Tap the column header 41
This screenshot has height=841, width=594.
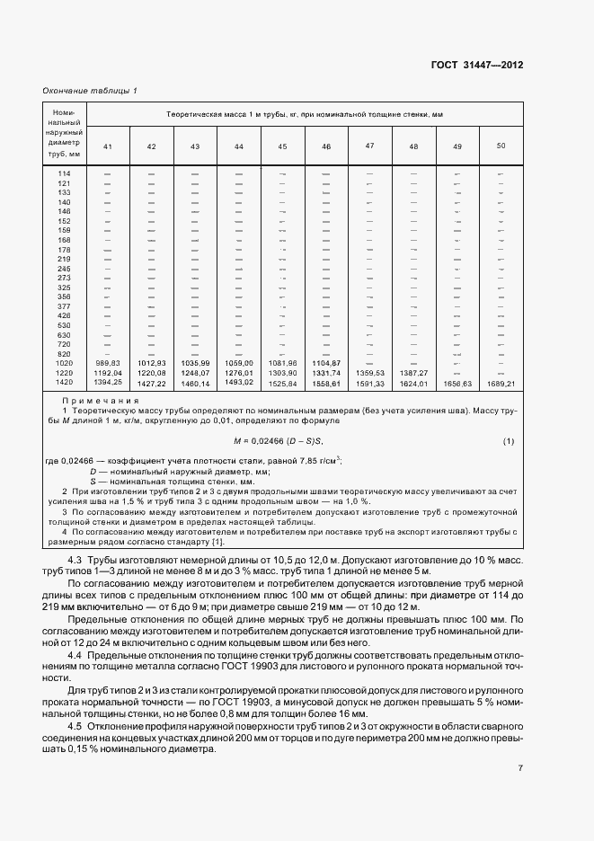click(x=107, y=146)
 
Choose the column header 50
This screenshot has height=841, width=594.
click(x=501, y=146)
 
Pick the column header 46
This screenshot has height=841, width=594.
click(x=326, y=146)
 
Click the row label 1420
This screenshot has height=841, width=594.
click(x=64, y=383)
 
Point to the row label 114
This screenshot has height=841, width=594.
click(x=64, y=173)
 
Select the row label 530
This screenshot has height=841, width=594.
click(x=64, y=324)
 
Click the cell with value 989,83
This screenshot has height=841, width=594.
click(x=107, y=363)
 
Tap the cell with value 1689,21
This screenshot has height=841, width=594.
click(x=501, y=383)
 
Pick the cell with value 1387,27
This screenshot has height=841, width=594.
click(x=413, y=372)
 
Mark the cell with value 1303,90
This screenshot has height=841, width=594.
click(x=282, y=372)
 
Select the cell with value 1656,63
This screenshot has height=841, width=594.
click(x=457, y=383)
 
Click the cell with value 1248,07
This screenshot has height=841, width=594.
click(x=195, y=372)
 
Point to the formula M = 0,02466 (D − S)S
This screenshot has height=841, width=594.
click(x=278, y=440)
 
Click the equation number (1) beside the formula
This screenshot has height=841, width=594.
click(x=508, y=440)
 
